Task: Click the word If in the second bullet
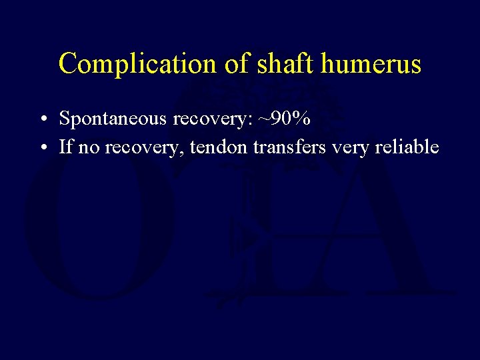pyautogui.click(x=65, y=147)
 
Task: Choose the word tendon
pyautogui.click(x=219, y=147)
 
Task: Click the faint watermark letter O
pyautogui.click(x=100, y=227)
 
